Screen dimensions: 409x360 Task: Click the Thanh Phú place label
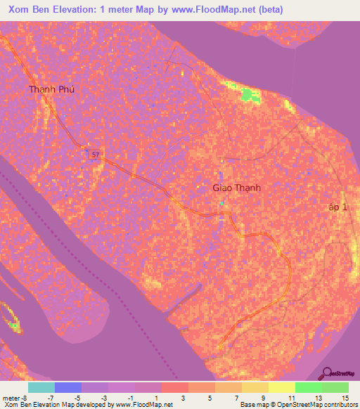pyautogui.click(x=51, y=89)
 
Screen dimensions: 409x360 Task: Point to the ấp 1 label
pyautogui.click(x=337, y=207)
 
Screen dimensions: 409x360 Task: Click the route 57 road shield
pyautogui.click(x=94, y=153)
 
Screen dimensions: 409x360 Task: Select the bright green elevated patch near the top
pyautogui.click(x=247, y=96)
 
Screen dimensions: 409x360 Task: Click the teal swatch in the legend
pyautogui.click(x=41, y=387)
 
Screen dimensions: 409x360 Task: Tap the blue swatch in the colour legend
pyautogui.click(x=68, y=387)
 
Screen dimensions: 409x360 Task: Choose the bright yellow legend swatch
pyautogui.click(x=282, y=387)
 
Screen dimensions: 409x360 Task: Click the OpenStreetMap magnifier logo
pyautogui.click(x=327, y=373)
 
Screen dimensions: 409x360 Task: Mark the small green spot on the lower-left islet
pyautogui.click(x=14, y=325)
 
